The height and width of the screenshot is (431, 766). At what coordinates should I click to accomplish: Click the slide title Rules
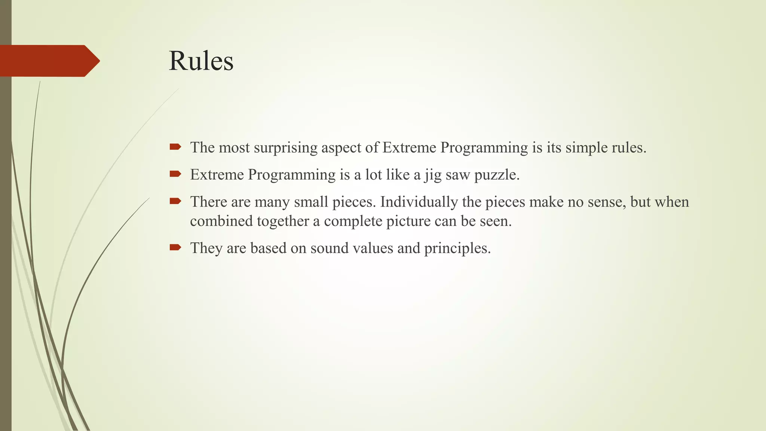[x=201, y=61]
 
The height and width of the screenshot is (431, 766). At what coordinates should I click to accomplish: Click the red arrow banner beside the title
[x=49, y=61]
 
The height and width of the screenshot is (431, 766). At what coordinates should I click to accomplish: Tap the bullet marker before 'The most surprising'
[x=175, y=147]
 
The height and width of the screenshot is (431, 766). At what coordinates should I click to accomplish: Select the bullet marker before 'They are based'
[x=175, y=247]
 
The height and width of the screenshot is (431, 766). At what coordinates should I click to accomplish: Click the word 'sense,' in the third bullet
[x=607, y=202]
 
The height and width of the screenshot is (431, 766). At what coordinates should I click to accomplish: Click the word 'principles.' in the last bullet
[x=457, y=248]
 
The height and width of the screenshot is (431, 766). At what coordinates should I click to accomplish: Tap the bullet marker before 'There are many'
[x=175, y=201]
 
